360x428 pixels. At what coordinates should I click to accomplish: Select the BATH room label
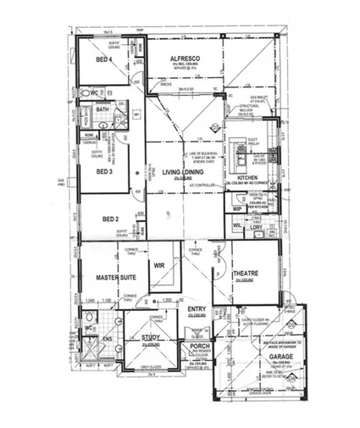[x=102, y=109]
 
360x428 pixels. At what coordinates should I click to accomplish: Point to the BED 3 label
[x=104, y=171]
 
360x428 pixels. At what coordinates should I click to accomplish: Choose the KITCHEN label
[x=246, y=178]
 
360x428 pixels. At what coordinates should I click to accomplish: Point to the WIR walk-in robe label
[x=158, y=265]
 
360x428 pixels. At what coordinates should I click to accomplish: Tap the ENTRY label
[x=197, y=308]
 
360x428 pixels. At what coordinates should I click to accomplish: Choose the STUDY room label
[x=151, y=337]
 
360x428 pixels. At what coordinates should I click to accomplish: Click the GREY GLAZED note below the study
[x=152, y=367]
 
